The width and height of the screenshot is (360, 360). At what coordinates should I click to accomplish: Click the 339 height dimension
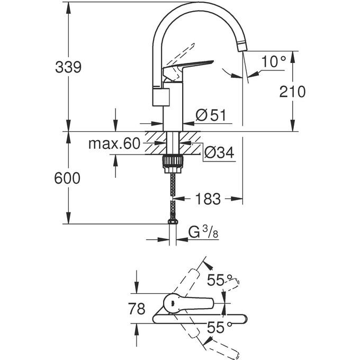click(68, 67)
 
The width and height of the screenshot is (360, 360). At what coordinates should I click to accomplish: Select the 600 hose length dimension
click(67, 178)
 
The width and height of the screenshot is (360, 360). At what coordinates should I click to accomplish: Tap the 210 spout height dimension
click(292, 92)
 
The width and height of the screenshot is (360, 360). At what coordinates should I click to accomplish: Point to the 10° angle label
click(273, 62)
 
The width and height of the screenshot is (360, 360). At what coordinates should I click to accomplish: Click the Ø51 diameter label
click(211, 114)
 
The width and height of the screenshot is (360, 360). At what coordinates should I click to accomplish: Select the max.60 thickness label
click(113, 143)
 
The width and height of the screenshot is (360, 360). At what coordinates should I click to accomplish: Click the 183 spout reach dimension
click(208, 199)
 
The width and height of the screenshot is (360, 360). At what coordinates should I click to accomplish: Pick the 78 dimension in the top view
click(137, 309)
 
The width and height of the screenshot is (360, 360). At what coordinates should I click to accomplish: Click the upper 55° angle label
click(220, 281)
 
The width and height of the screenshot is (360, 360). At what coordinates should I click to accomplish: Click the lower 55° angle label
click(220, 328)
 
